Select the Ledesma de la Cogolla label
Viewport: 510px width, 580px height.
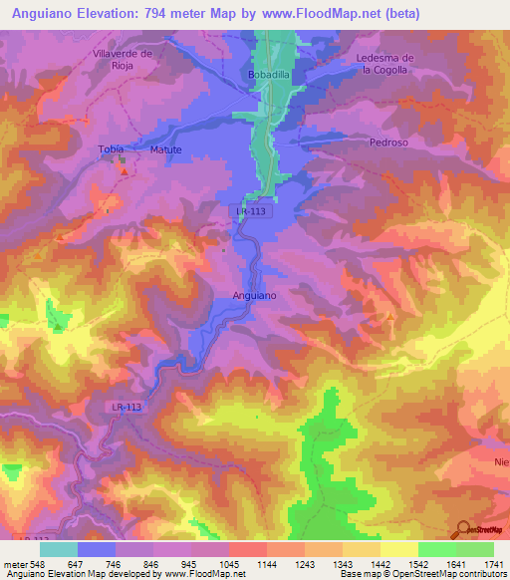(x=383, y=64)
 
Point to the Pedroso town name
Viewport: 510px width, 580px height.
(x=388, y=143)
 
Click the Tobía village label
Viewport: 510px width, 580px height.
(x=110, y=149)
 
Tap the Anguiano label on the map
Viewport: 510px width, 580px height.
(x=254, y=296)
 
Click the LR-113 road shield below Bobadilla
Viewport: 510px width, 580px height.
(x=254, y=211)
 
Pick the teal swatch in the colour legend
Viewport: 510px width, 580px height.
(x=59, y=548)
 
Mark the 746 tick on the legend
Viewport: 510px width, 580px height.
(x=116, y=564)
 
